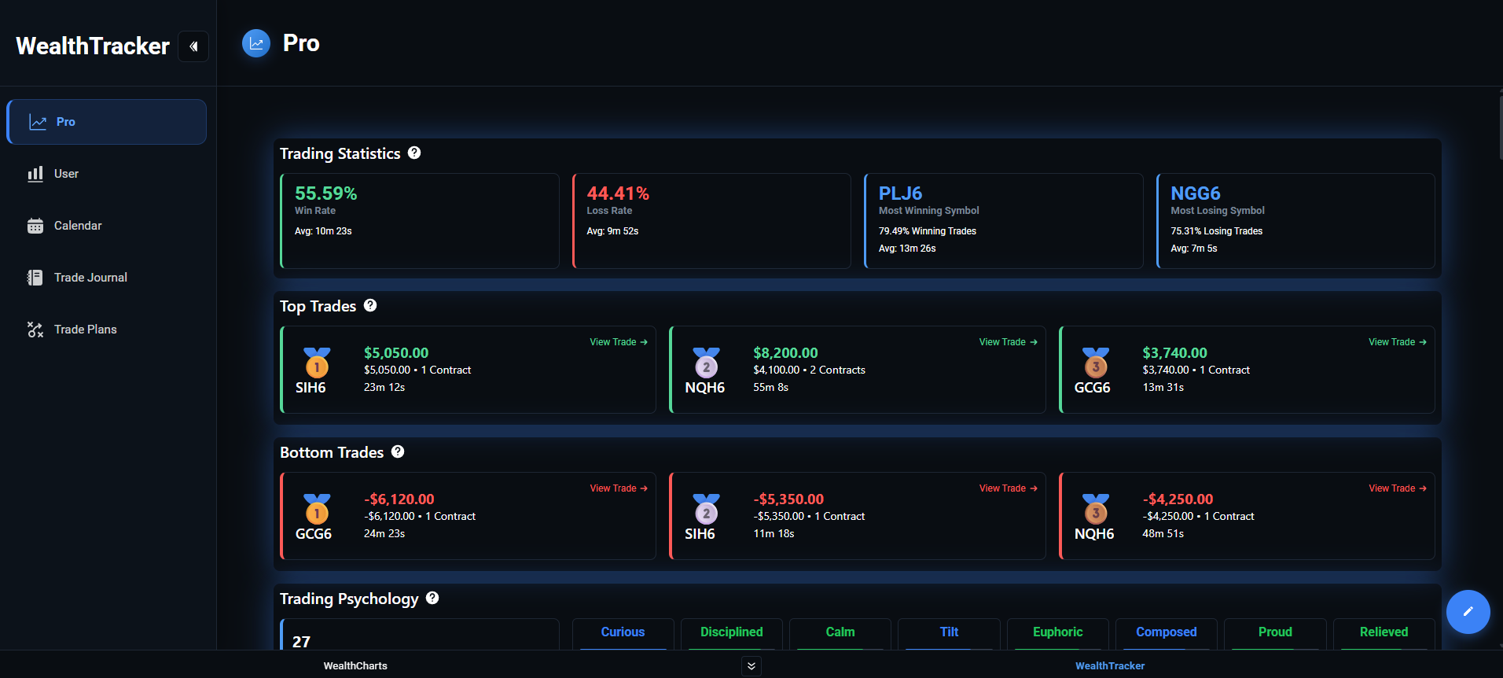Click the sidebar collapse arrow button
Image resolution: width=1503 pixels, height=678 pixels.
193,46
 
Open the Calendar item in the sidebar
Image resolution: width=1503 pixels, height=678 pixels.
77,226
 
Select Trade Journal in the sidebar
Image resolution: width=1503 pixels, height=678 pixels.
90,278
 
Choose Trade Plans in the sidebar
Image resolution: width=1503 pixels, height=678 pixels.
85,330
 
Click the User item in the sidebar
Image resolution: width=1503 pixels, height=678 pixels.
66,174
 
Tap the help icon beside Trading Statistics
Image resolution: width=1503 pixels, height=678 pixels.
414,153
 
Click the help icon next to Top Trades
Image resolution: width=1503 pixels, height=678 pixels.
370,305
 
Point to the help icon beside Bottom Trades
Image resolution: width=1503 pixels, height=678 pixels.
398,451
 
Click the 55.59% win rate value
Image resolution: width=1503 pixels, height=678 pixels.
325,193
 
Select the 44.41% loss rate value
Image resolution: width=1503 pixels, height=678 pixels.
618,193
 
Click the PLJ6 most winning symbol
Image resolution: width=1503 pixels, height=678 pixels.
900,193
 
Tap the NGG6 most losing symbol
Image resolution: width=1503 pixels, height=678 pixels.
1195,193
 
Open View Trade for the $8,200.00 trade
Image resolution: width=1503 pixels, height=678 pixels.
1008,342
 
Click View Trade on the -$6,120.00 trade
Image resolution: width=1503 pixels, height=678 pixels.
619,488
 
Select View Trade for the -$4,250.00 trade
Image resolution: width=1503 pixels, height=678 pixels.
1397,488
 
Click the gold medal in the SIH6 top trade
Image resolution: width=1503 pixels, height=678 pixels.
317,363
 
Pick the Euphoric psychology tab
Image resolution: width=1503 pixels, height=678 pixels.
1057,632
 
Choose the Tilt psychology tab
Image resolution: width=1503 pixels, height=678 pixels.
949,632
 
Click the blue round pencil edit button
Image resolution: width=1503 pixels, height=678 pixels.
1468,612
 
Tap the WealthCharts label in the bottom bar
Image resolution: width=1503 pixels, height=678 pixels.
355,666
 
